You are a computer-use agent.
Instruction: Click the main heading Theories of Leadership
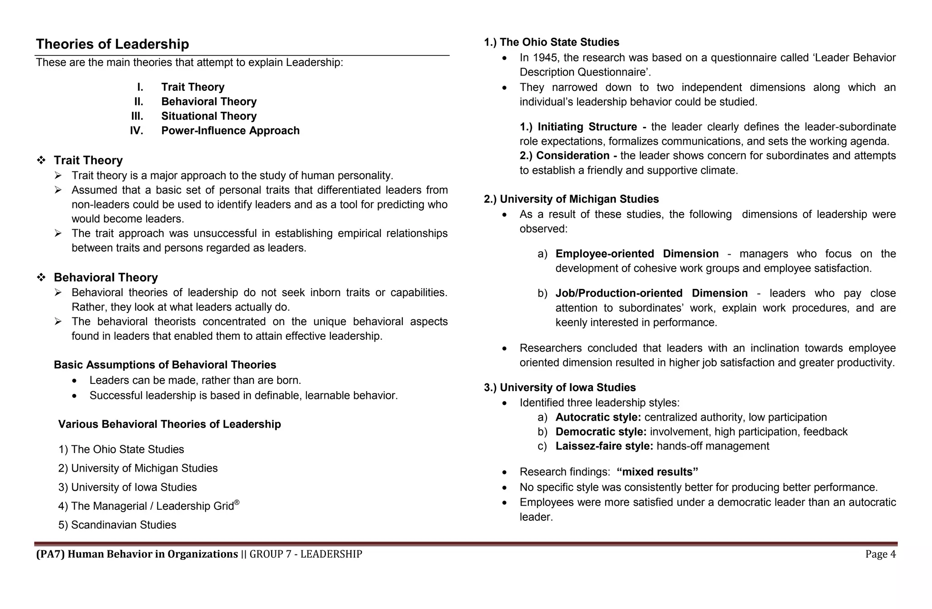click(112, 44)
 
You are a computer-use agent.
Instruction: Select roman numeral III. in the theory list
click(137, 116)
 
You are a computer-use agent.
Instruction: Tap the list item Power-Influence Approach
click(230, 131)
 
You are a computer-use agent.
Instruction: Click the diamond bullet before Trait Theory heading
click(41, 161)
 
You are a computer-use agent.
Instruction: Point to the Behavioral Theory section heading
click(106, 277)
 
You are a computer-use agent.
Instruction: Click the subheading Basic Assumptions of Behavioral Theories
click(165, 365)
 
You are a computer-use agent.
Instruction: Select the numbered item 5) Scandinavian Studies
click(117, 525)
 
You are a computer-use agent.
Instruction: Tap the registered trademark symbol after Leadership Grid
click(237, 503)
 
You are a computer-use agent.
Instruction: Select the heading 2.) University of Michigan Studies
click(571, 199)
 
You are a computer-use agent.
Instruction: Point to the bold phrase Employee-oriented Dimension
click(637, 254)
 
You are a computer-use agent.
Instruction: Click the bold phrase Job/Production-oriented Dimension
click(651, 293)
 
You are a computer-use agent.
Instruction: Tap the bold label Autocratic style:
click(598, 417)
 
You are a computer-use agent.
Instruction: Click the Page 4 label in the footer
click(880, 554)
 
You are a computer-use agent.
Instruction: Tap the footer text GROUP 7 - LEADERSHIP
click(306, 554)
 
